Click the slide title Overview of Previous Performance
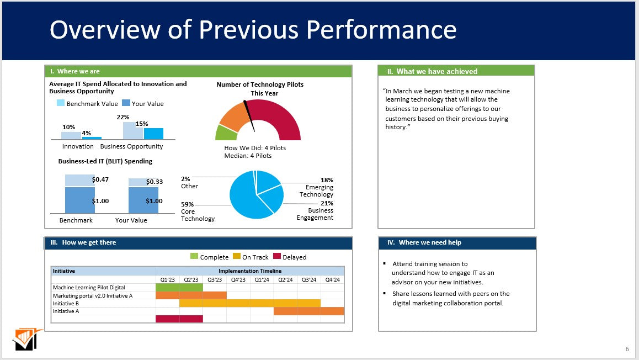point(253,30)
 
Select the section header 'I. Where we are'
point(75,71)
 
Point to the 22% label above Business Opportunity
point(123,117)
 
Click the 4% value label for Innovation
point(87,133)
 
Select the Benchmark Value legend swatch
point(61,103)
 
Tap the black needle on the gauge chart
point(249,116)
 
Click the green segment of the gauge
point(225,133)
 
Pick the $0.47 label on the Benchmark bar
point(100,179)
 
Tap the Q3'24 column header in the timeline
point(308,279)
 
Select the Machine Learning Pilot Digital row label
point(89,287)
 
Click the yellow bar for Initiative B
point(249,303)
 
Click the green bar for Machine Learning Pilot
point(179,287)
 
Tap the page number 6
point(627,348)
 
